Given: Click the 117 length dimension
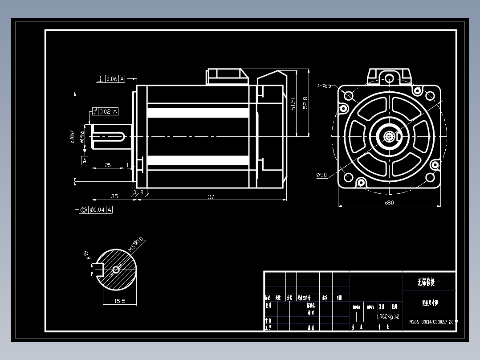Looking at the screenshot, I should pos(211,196).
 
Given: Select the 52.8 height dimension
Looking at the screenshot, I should pos(305,102).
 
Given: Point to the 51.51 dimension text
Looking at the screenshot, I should pos(293,104).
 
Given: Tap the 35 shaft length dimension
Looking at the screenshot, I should pos(114,196).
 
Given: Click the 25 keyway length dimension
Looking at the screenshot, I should pos(108,165).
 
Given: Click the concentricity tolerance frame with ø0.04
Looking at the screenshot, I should pos(96,210).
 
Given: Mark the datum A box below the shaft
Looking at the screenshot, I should pos(85,160).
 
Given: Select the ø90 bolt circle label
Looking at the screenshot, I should pos(321,175).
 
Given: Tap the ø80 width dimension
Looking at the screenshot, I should pos(389,203).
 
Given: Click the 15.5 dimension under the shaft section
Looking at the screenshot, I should pos(120,301).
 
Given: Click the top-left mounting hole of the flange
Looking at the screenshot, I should pos(348,96).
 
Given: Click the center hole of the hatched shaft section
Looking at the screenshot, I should pos(116,269).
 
